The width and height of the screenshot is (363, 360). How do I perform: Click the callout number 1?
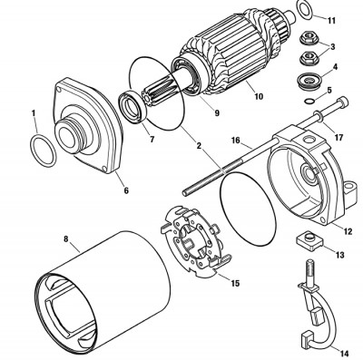pyautogui.click(x=34, y=113)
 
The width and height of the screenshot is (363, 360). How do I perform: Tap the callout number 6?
pyautogui.click(x=126, y=190)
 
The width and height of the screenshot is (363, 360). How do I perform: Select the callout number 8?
pyautogui.click(x=66, y=238)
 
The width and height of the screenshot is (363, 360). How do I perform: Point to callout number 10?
pyautogui.click(x=259, y=96)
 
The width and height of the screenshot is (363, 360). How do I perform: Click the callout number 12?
pyautogui.click(x=348, y=231)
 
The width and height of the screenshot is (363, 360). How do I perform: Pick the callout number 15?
pyautogui.click(x=235, y=283)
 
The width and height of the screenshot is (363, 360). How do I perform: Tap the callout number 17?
pyautogui.click(x=338, y=138)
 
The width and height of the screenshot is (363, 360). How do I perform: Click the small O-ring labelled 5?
pyautogui.click(x=307, y=101)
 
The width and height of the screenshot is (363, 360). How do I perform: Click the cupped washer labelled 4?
pyautogui.click(x=309, y=81)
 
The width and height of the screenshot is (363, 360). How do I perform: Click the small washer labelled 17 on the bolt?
pyautogui.click(x=318, y=116)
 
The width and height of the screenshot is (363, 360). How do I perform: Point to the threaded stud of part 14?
pyautogui.click(x=310, y=271)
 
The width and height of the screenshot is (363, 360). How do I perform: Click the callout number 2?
pyautogui.click(x=199, y=146)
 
